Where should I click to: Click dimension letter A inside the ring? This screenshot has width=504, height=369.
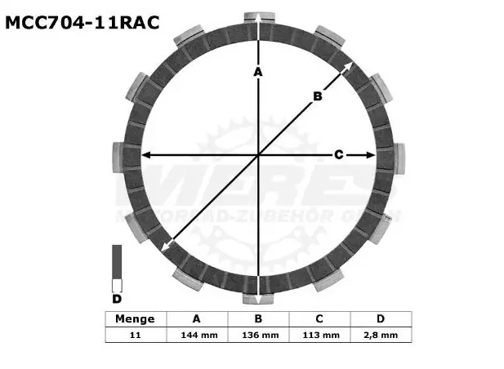[x=257, y=73]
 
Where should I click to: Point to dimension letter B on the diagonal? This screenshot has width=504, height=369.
[x=318, y=96]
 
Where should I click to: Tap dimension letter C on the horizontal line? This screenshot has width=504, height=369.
[x=337, y=154]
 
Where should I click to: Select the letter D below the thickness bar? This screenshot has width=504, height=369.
[x=116, y=300]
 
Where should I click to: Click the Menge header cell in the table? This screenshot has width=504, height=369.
[x=135, y=319]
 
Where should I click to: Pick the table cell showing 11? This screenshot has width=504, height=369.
[x=135, y=335]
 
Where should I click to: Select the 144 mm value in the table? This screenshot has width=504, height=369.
[x=196, y=335]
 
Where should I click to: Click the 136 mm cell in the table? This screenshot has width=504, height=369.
[x=259, y=335]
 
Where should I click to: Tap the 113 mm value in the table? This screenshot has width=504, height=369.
[x=320, y=335]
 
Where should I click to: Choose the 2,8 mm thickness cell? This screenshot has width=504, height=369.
[x=381, y=335]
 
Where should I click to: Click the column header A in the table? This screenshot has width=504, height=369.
[x=196, y=319]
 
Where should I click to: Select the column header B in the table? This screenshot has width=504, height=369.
[x=259, y=319]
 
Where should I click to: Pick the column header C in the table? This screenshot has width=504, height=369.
[x=320, y=319]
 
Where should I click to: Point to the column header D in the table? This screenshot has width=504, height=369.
[x=381, y=319]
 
